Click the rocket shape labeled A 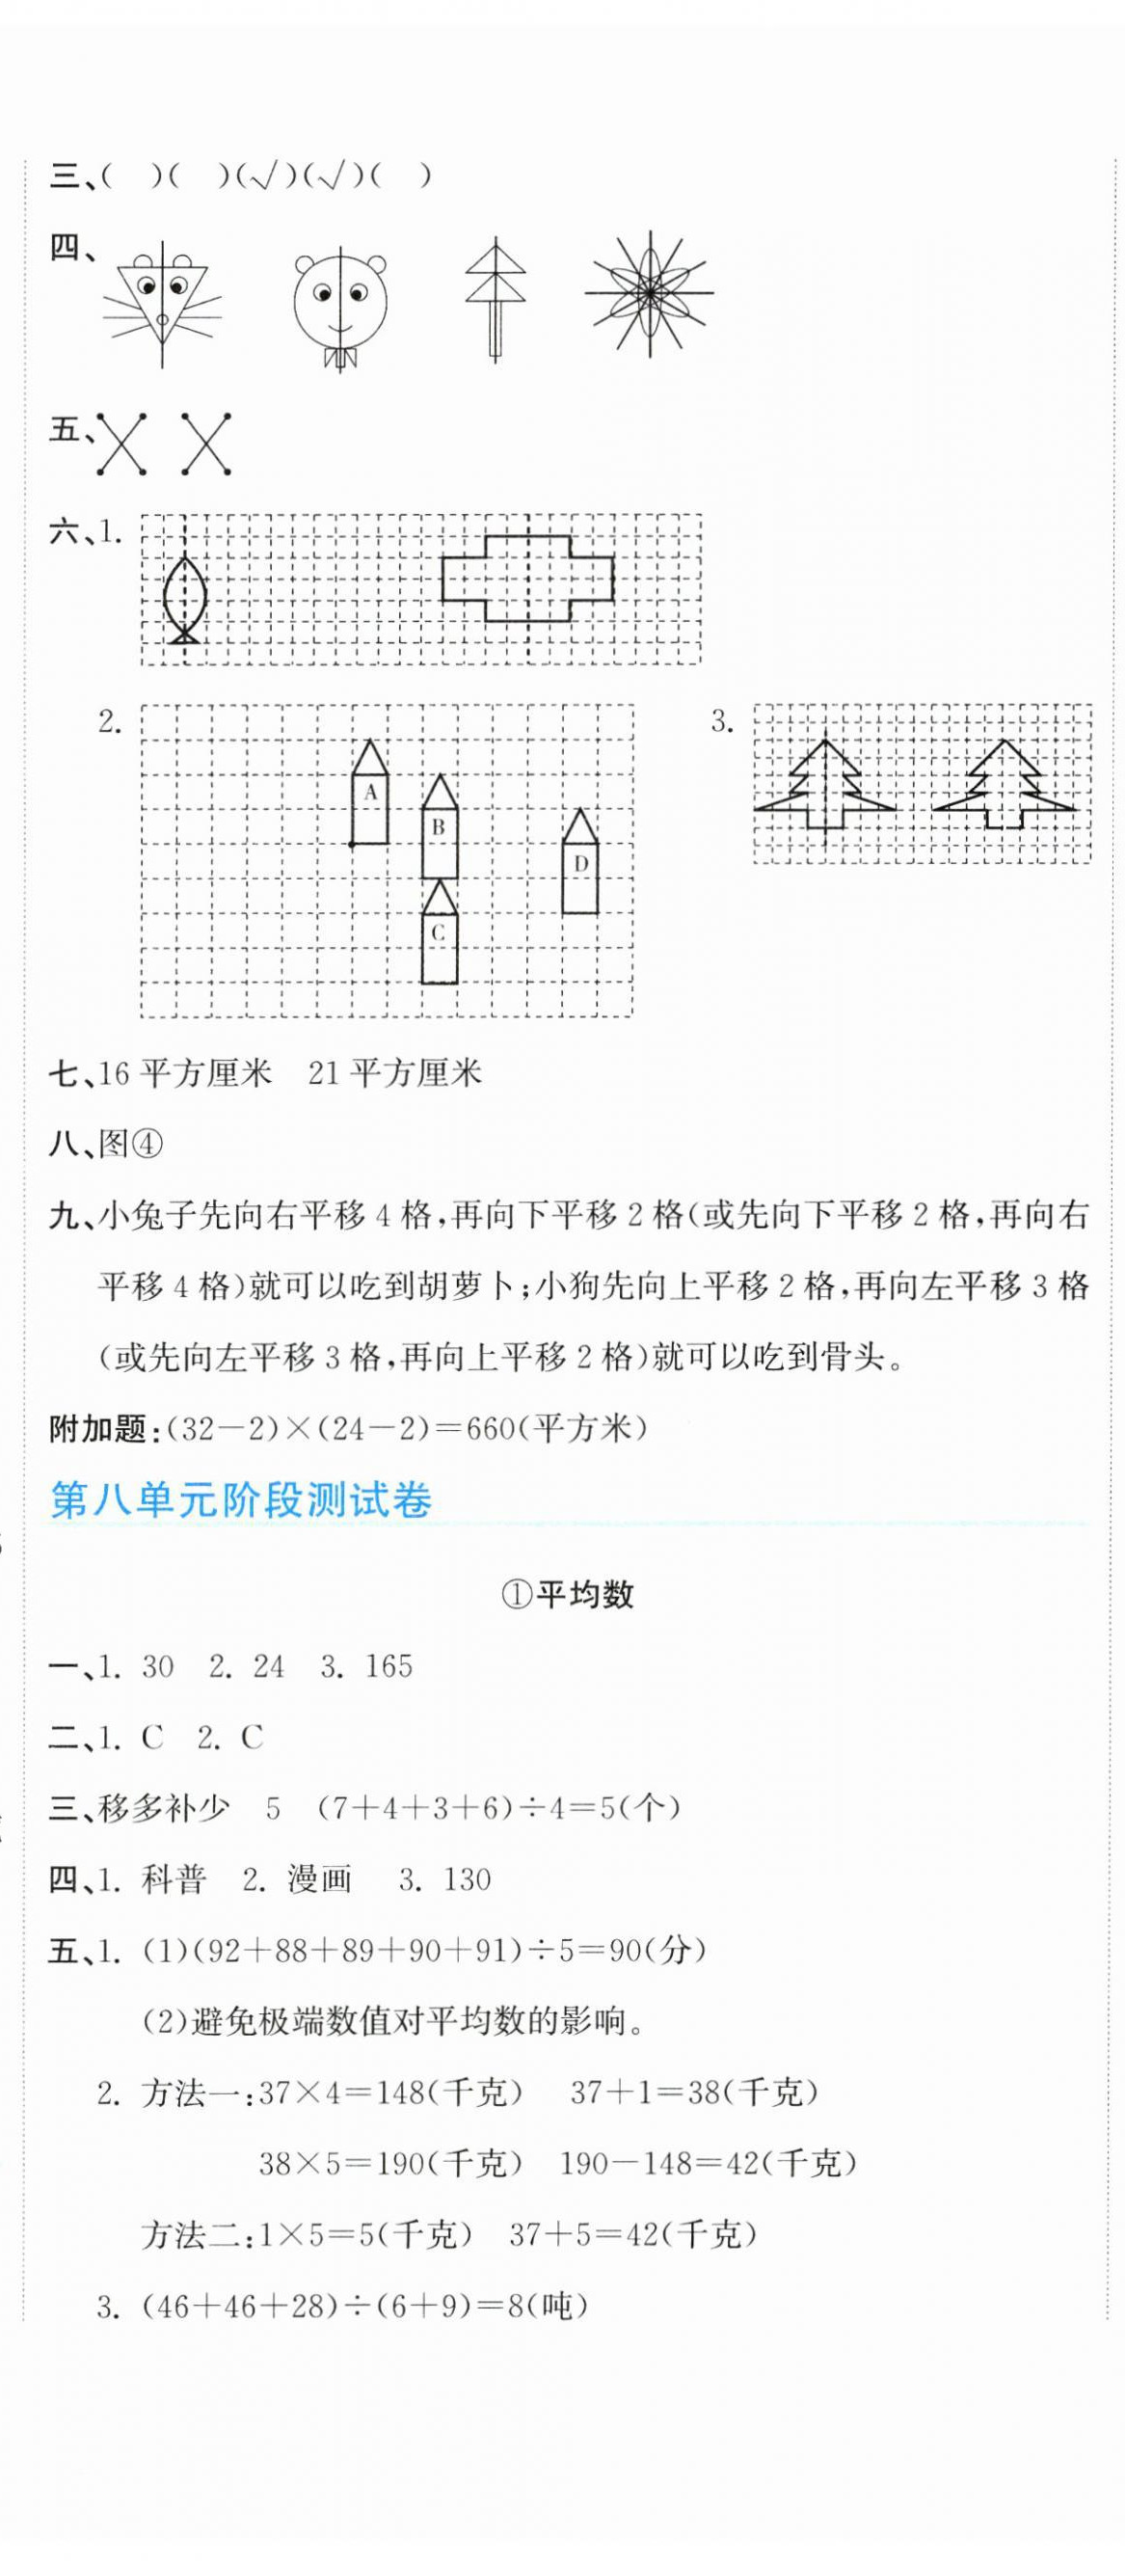click(370, 795)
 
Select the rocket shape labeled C click(438, 934)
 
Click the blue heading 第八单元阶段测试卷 click(241, 1499)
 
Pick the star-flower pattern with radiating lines click(649, 293)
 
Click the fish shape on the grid click(185, 599)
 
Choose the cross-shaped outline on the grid click(526, 579)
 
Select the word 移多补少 click(164, 1808)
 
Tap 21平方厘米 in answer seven click(395, 1072)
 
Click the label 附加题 click(98, 1429)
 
